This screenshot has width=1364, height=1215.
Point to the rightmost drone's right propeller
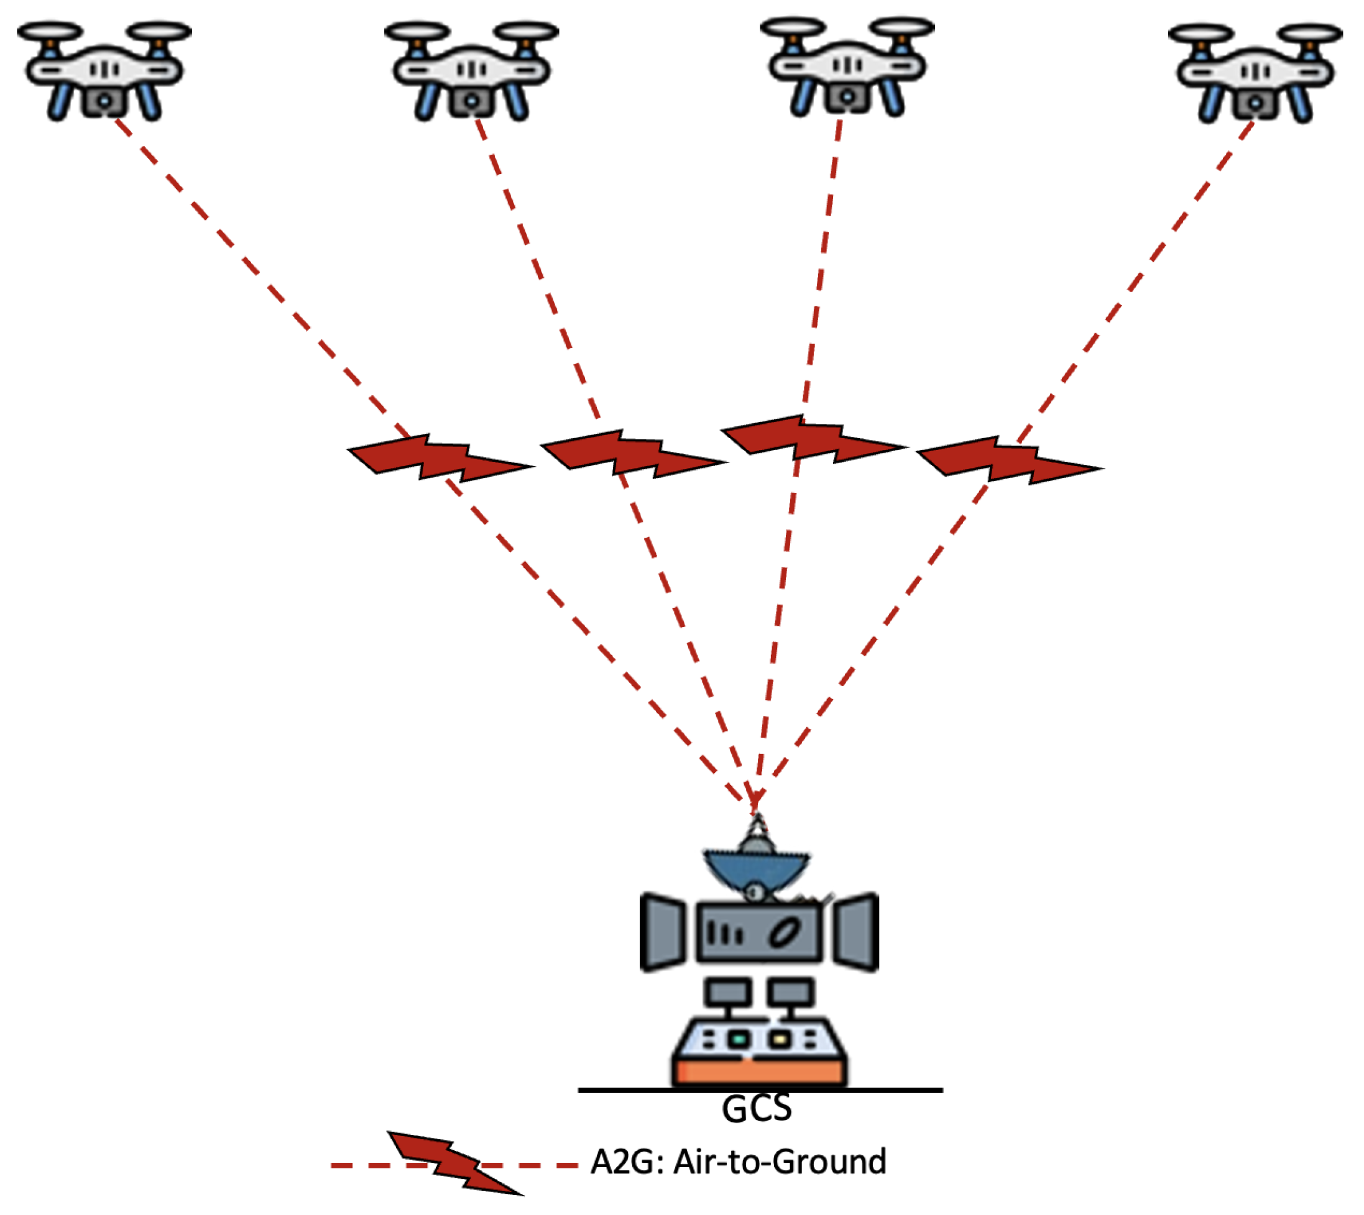(x=1312, y=34)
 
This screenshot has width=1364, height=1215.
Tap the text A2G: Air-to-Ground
(x=739, y=1162)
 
